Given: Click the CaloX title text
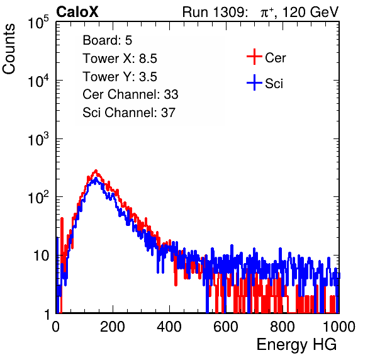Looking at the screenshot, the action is [x=77, y=12].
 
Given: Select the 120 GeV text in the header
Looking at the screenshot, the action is [x=311, y=12].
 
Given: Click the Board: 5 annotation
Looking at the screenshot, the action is [x=107, y=40].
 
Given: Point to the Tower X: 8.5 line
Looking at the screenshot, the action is [x=120, y=59].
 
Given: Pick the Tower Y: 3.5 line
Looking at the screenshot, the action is [x=120, y=77].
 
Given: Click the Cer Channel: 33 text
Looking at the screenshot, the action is [x=130, y=94].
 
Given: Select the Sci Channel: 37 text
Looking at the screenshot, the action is [x=129, y=113].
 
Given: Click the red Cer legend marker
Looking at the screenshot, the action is [x=254, y=57].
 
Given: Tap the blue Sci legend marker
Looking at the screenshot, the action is [x=254, y=82].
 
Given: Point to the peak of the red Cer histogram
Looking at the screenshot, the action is [x=96, y=171].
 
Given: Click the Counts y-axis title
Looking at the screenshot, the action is [x=9, y=49].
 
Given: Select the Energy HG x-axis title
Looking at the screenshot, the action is [x=296, y=345].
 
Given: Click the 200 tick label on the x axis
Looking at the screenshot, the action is [x=113, y=327].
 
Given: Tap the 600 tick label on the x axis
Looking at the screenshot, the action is [x=226, y=327].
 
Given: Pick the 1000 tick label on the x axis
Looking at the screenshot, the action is [x=339, y=327].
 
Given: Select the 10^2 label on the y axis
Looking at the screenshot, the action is [x=38, y=197].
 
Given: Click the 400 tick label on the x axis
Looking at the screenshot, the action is [x=169, y=327].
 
